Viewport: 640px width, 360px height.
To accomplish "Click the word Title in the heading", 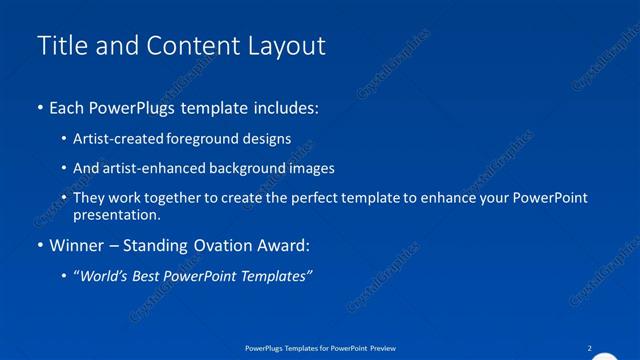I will pyautogui.click(x=60, y=46).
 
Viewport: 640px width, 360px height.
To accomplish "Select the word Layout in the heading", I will pyautogui.click(x=284, y=46).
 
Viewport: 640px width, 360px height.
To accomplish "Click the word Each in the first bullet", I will pyautogui.click(x=68, y=106).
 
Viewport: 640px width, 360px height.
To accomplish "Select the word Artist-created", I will pyautogui.click(x=115, y=139).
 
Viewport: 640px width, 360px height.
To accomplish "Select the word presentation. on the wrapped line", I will pyautogui.click(x=116, y=214).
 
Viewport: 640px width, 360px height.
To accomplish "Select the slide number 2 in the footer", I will pyautogui.click(x=590, y=347).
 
